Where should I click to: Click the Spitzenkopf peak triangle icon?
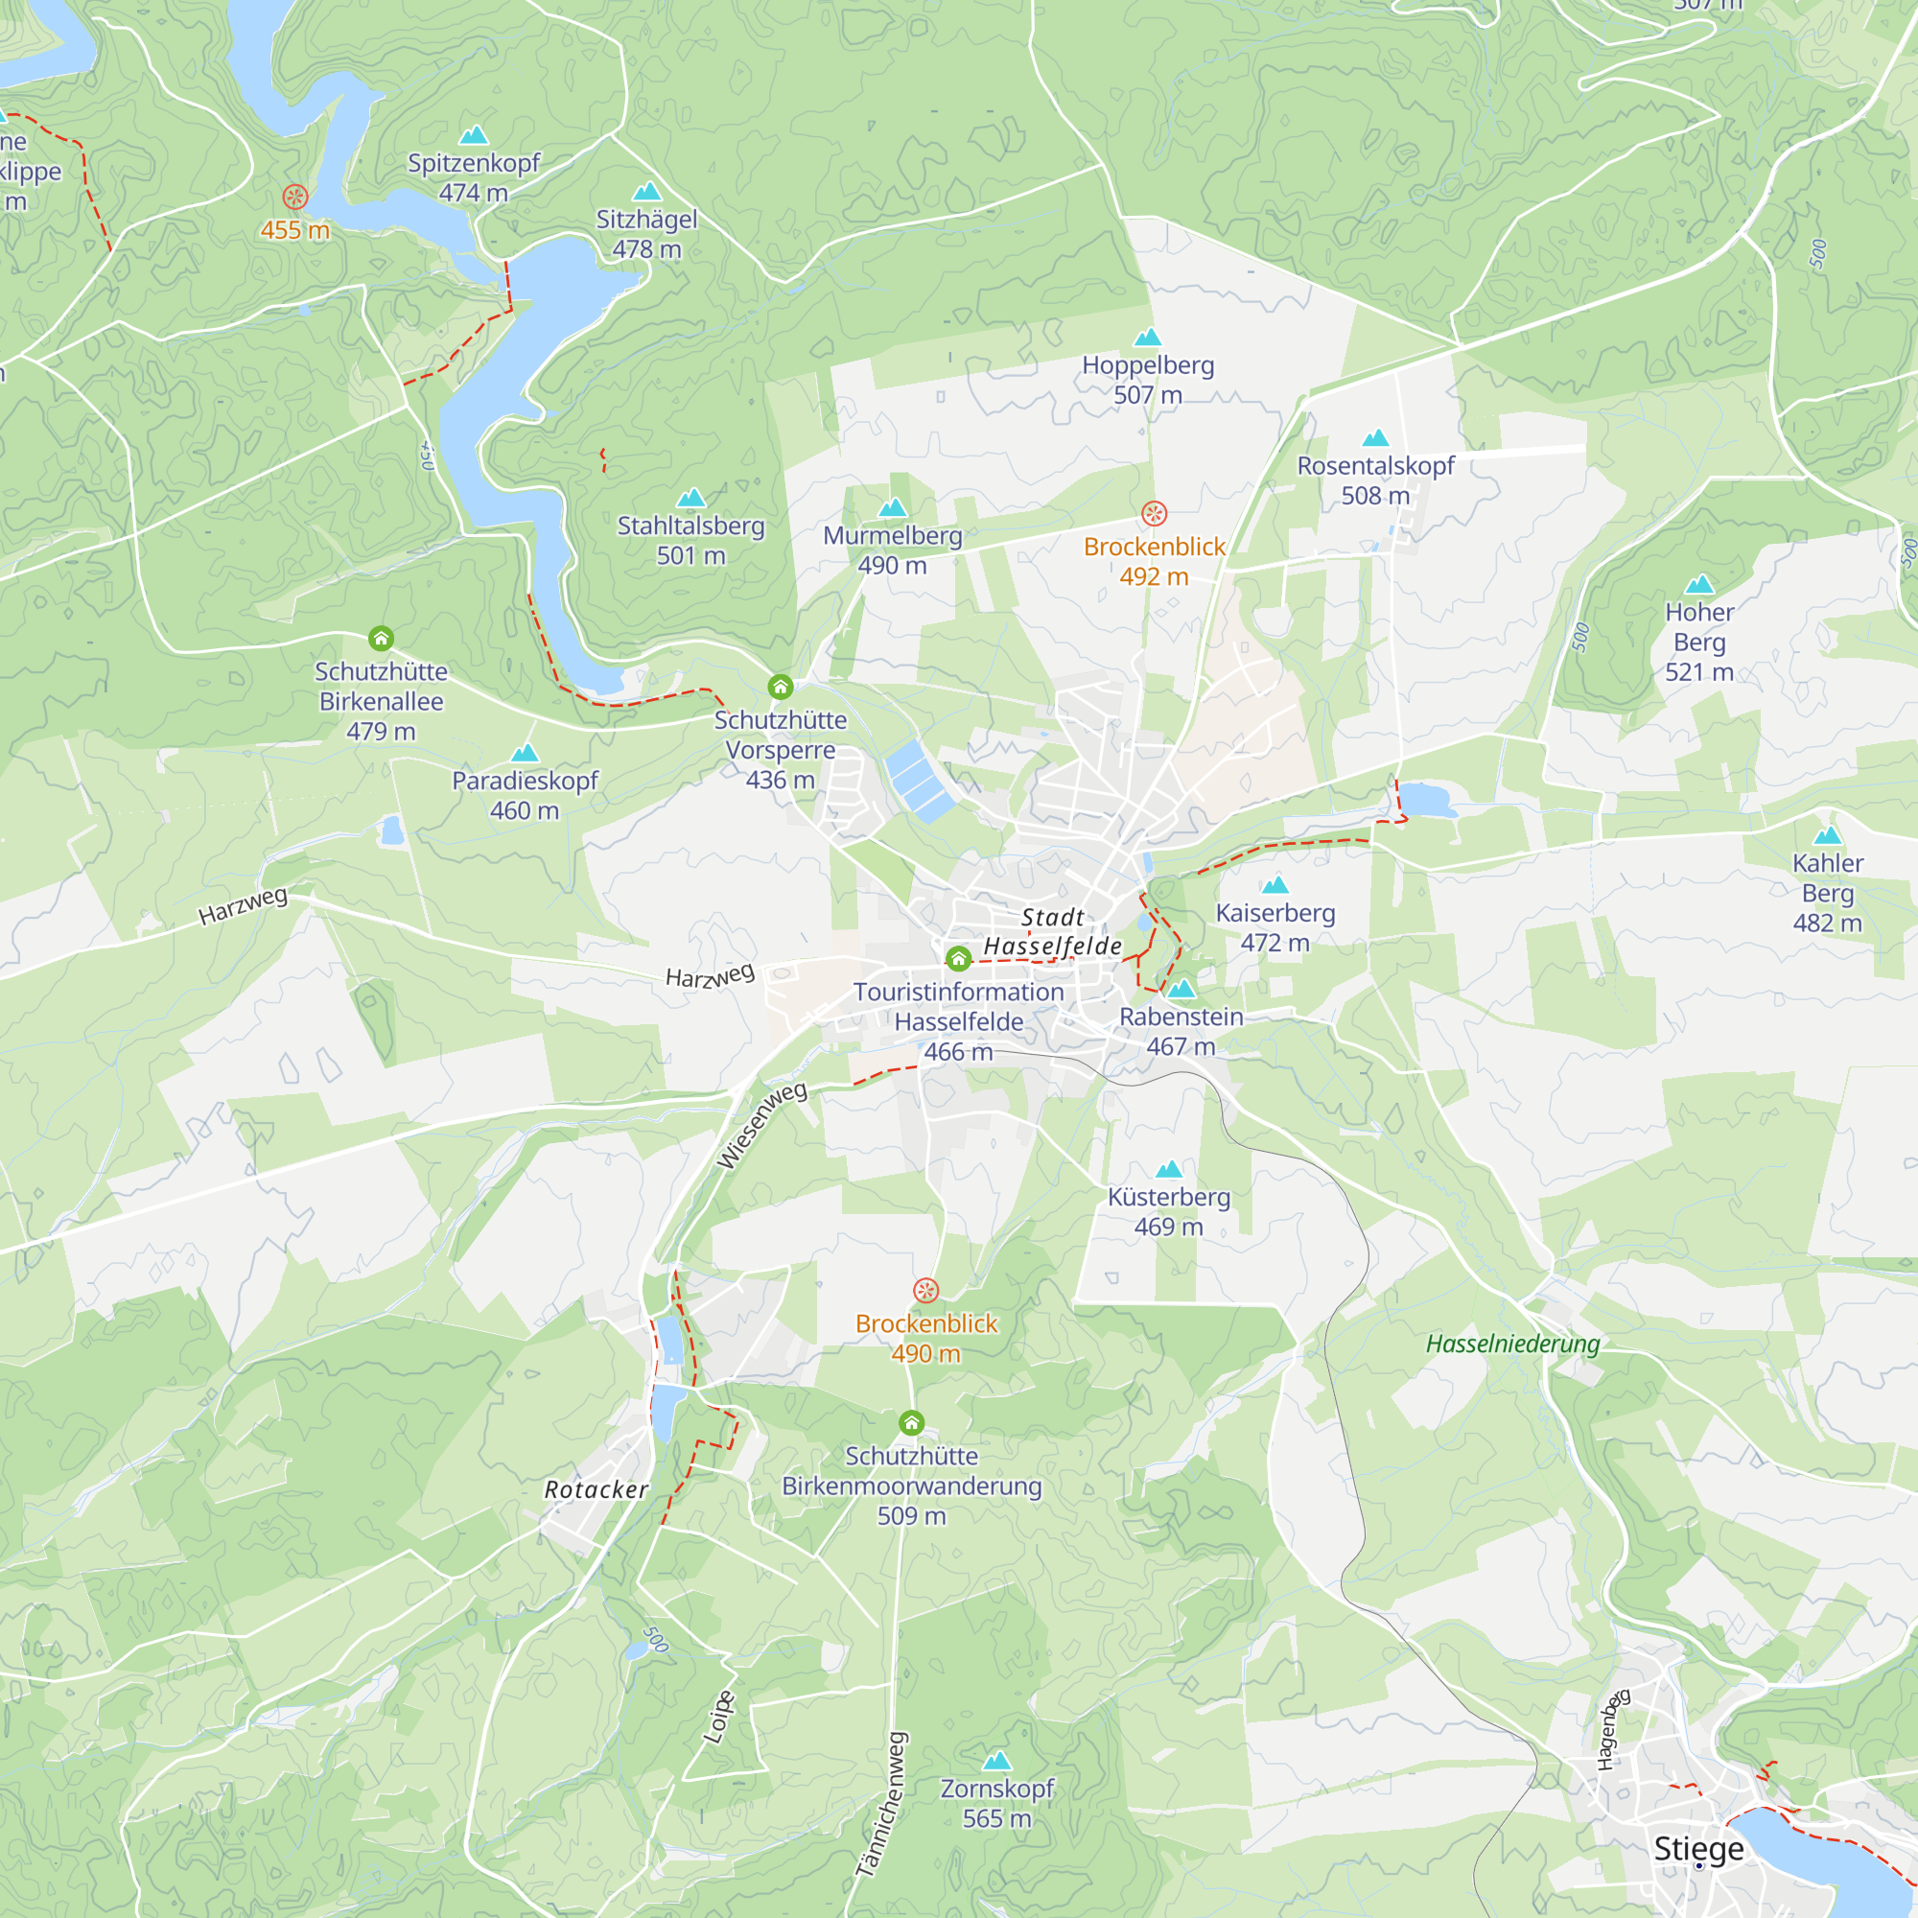[474, 134]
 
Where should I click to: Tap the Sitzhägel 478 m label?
[646, 234]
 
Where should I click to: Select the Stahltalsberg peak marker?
[690, 498]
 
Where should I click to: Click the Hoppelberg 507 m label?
[1148, 379]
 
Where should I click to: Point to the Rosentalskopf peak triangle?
[1375, 438]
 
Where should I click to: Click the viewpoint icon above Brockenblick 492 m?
[1154, 513]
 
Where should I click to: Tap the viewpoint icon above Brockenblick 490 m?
[925, 1291]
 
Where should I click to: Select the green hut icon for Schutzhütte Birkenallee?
[382, 639]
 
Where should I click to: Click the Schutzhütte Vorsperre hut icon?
[781, 687]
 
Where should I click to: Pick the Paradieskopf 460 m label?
[525, 795]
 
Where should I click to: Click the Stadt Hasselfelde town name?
[1052, 932]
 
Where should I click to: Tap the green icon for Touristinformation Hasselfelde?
[958, 958]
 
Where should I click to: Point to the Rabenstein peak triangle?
[1181, 989]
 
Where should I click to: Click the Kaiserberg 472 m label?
[1275, 927]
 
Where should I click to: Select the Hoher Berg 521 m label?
[1699, 642]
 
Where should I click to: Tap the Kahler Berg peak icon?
[1828, 836]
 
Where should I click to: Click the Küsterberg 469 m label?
[1168, 1211]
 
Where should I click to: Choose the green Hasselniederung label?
[1513, 1345]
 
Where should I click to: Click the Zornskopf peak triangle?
[996, 1761]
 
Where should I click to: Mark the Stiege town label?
[1698, 1849]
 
